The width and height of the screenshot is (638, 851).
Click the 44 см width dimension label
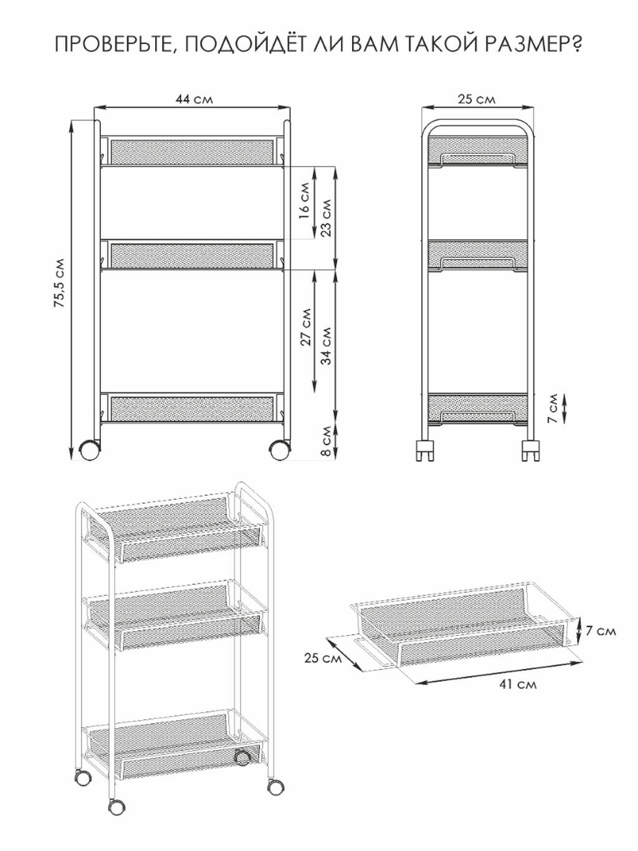tap(194, 99)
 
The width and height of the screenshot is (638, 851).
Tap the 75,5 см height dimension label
tap(59, 282)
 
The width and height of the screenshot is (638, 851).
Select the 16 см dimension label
tap(305, 201)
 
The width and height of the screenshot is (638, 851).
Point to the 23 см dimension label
tap(326, 218)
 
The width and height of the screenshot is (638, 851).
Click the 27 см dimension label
tap(306, 327)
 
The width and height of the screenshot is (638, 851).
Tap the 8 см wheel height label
tap(326, 441)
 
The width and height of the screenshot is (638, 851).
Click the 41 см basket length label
tap(518, 685)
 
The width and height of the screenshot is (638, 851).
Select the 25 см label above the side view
tap(477, 99)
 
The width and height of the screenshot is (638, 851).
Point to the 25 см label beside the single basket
tap(323, 658)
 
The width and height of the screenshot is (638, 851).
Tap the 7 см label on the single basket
tap(600, 631)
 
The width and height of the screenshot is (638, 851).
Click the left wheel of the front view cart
tap(90, 451)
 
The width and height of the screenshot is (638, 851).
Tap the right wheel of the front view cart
tap(279, 451)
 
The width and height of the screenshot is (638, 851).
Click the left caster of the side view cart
tap(424, 451)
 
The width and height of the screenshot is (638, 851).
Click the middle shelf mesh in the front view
tap(192, 256)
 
